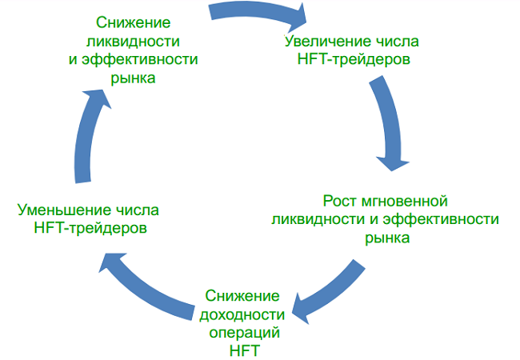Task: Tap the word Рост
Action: [x=338, y=199]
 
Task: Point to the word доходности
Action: [x=241, y=313]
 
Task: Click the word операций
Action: [x=241, y=331]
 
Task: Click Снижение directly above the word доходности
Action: [x=241, y=294]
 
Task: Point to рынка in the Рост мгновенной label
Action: [x=387, y=238]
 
